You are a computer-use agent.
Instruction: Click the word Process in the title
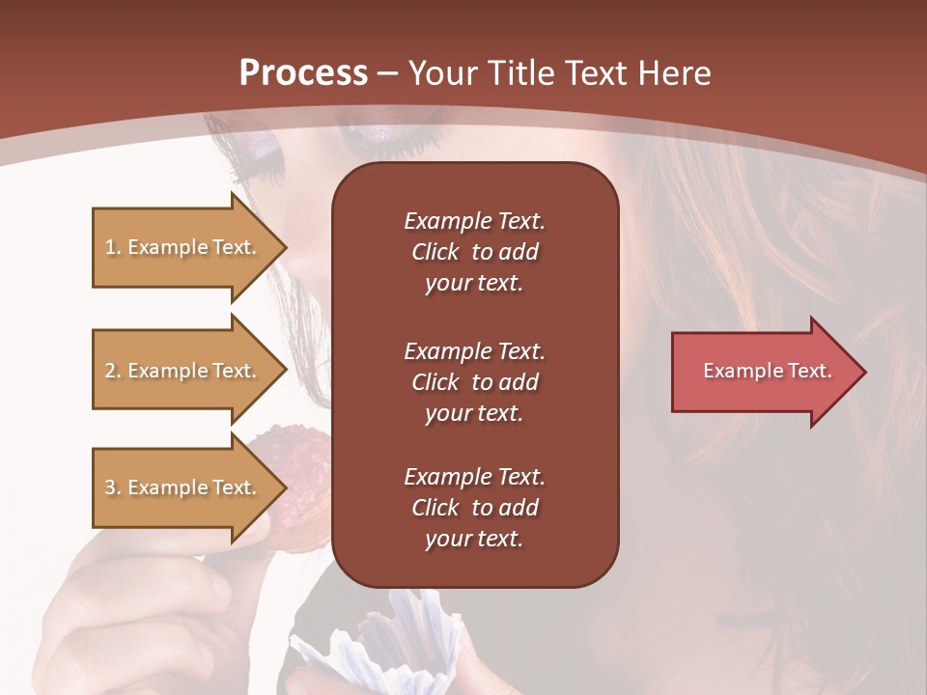click(x=303, y=73)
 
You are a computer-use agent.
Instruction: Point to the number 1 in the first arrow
click(x=110, y=247)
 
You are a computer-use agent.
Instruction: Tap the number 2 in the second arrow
click(x=110, y=371)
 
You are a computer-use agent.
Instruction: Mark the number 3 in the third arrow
click(x=110, y=487)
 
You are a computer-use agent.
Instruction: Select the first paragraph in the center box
click(x=474, y=252)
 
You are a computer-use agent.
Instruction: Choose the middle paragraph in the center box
click(x=474, y=382)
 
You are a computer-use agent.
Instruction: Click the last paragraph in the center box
click(x=474, y=508)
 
